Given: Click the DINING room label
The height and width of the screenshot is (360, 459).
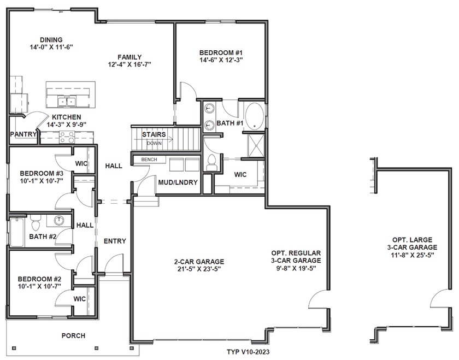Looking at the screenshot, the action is [x=51, y=39].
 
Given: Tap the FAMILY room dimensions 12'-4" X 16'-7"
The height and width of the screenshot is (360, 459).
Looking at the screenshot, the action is [x=130, y=64].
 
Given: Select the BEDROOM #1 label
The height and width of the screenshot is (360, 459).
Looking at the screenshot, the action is [x=221, y=52].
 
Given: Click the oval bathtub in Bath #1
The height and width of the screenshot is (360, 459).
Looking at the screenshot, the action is [x=254, y=116].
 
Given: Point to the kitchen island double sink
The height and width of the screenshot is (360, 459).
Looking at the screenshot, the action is [x=67, y=101].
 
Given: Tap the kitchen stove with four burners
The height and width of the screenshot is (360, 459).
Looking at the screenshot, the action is [x=67, y=137].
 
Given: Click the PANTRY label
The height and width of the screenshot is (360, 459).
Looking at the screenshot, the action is [x=23, y=134].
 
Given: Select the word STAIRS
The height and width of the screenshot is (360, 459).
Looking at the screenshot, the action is [x=154, y=134].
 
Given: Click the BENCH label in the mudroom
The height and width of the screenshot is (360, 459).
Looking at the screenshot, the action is [x=149, y=160].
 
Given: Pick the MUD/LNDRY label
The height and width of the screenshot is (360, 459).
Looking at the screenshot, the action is [x=178, y=182].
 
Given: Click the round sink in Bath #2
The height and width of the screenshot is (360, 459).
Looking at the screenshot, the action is [x=60, y=220].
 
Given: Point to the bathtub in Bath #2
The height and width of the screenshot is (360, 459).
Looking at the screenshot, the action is [x=17, y=232].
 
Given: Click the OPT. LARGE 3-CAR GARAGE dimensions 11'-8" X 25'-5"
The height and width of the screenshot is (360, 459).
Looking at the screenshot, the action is [x=412, y=255].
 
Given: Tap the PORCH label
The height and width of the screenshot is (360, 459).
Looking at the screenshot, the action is [x=73, y=336].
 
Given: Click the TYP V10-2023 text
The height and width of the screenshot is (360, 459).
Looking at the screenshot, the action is [x=248, y=351].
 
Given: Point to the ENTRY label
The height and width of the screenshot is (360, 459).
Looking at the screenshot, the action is [x=115, y=241].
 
